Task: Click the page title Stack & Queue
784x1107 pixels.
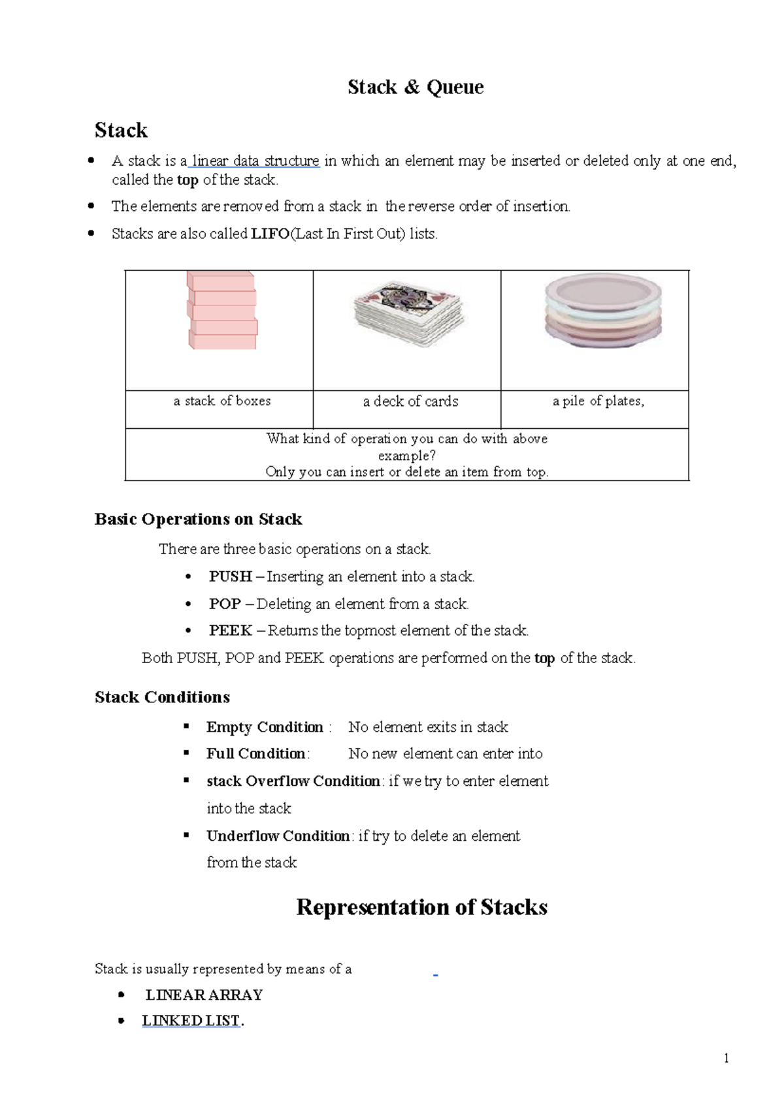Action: coord(416,87)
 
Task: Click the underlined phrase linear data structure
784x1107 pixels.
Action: coord(255,161)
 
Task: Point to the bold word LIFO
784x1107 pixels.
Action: coord(270,234)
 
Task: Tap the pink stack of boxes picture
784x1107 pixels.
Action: coord(222,311)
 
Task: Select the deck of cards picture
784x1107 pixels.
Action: coord(408,314)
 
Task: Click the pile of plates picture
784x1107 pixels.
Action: coord(602,311)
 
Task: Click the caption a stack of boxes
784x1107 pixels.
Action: coord(222,401)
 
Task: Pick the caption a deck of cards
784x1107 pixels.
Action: coord(410,401)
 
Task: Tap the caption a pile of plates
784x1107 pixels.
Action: coord(598,401)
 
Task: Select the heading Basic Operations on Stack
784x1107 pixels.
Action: coord(198,520)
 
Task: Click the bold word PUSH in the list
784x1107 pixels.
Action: coord(230,576)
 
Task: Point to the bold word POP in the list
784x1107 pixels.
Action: coord(225,604)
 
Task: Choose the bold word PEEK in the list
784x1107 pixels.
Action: coord(230,631)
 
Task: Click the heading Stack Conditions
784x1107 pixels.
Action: coord(162,697)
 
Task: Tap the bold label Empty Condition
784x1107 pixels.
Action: coord(265,727)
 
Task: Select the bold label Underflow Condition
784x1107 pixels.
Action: coord(278,836)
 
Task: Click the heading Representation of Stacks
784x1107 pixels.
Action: coord(421,907)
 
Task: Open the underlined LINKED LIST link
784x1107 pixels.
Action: coord(191,1021)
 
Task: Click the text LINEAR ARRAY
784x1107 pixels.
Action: coord(204,995)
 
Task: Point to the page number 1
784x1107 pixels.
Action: coord(726,1059)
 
